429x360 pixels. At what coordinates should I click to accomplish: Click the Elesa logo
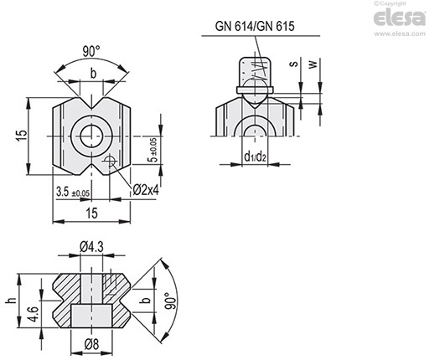pyautogui.click(x=399, y=18)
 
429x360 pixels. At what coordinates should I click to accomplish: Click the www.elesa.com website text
pyautogui.click(x=400, y=33)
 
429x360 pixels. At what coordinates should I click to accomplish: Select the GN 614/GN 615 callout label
pyautogui.click(x=255, y=26)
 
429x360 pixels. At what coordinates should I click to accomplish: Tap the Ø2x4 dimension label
pyautogui.click(x=146, y=190)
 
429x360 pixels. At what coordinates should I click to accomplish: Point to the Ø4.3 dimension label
pyautogui.click(x=91, y=247)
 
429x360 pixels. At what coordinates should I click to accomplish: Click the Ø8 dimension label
pyautogui.click(x=91, y=344)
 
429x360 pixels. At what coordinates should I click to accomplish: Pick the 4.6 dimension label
pyautogui.click(x=34, y=314)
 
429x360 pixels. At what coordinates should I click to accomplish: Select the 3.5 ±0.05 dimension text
pyautogui.click(x=73, y=192)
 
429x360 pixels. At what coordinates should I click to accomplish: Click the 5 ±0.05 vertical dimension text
pyautogui.click(x=154, y=150)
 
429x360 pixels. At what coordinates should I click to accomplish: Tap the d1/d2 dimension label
pyautogui.click(x=255, y=157)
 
